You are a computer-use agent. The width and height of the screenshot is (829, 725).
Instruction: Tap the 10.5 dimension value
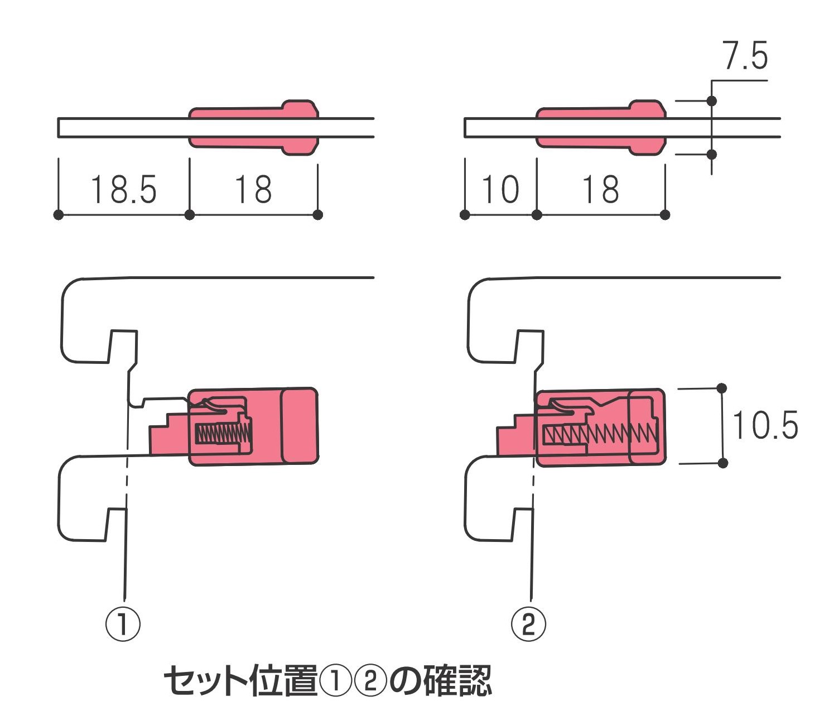(x=765, y=425)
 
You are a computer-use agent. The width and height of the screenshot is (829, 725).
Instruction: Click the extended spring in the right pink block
(x=600, y=434)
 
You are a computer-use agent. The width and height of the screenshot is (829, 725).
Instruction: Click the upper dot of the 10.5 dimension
(x=722, y=388)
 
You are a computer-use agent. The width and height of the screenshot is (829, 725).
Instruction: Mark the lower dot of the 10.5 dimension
(x=722, y=463)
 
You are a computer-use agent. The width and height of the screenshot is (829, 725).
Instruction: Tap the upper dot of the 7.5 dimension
(x=711, y=101)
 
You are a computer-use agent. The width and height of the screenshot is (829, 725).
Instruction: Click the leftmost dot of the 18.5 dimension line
(x=58, y=215)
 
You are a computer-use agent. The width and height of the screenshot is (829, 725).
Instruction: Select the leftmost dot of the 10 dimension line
(x=465, y=215)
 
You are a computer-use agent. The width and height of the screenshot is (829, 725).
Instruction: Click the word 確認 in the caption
(x=457, y=680)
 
